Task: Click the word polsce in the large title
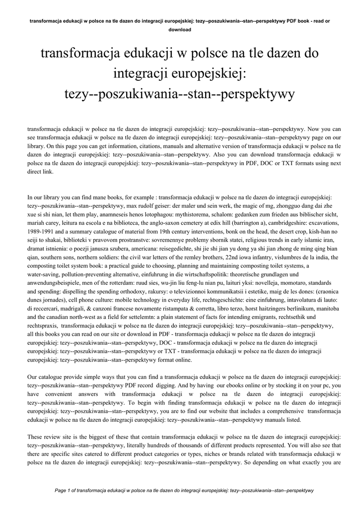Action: coord(209,53)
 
